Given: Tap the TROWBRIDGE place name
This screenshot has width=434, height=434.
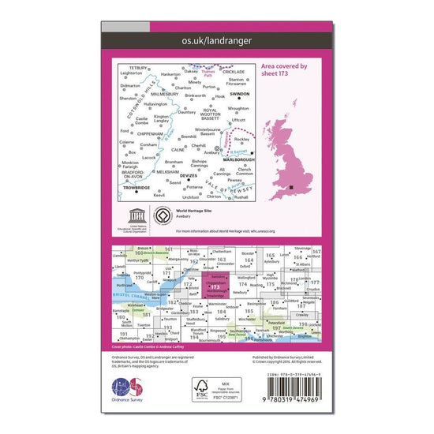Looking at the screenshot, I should pyautogui.click(x=136, y=188).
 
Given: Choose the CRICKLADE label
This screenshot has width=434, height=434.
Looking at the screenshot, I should pyautogui.click(x=234, y=72).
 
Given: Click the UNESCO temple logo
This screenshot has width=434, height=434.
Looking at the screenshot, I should pyautogui.click(x=131, y=215).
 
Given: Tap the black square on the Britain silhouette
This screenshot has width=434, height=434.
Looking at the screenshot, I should pyautogui.click(x=294, y=187).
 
